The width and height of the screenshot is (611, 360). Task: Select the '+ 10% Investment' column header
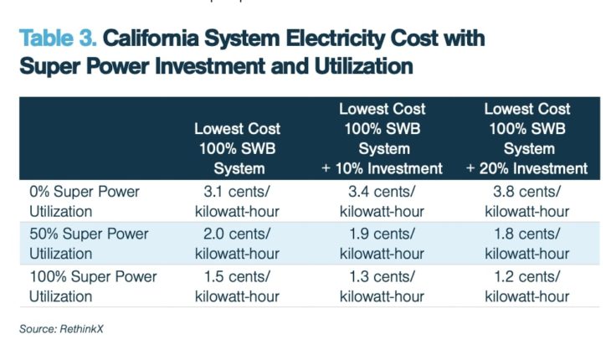pyautogui.click(x=382, y=138)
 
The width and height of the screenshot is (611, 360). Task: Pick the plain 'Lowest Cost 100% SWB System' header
pyautogui.click(x=237, y=148)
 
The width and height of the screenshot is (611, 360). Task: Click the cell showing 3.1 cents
pyautogui.click(x=237, y=201)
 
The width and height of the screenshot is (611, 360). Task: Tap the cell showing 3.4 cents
pyautogui.click(x=382, y=201)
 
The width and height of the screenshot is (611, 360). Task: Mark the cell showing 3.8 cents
pyautogui.click(x=527, y=201)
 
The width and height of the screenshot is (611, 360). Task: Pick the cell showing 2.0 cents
pyautogui.click(x=237, y=244)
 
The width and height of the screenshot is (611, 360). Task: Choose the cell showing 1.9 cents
pyautogui.click(x=382, y=244)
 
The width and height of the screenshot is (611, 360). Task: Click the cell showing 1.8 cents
pyautogui.click(x=527, y=244)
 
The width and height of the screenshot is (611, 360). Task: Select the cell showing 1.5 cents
pyautogui.click(x=237, y=286)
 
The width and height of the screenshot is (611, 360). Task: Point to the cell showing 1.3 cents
pyautogui.click(x=382, y=286)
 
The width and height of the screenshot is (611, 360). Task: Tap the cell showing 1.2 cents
pyautogui.click(x=527, y=286)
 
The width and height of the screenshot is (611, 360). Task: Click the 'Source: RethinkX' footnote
pyautogui.click(x=61, y=329)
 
